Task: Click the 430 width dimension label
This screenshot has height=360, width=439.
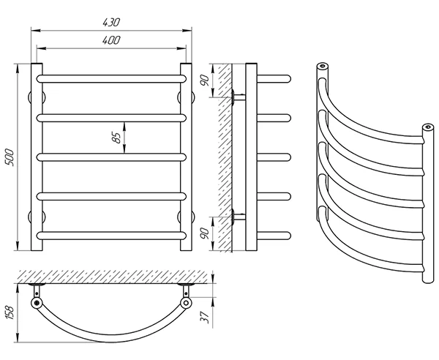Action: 111,23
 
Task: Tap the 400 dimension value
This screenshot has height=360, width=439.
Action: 111,40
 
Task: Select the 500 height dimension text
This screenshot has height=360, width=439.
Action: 10,157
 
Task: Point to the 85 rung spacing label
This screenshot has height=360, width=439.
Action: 117,137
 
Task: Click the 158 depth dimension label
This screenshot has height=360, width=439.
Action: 10,312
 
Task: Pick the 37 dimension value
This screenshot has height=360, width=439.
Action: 206,317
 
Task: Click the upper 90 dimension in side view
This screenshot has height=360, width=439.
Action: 205,80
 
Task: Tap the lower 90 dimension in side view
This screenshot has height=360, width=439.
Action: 205,233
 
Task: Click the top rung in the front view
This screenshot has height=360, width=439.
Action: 111,79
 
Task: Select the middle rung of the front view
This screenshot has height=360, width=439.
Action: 111,157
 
